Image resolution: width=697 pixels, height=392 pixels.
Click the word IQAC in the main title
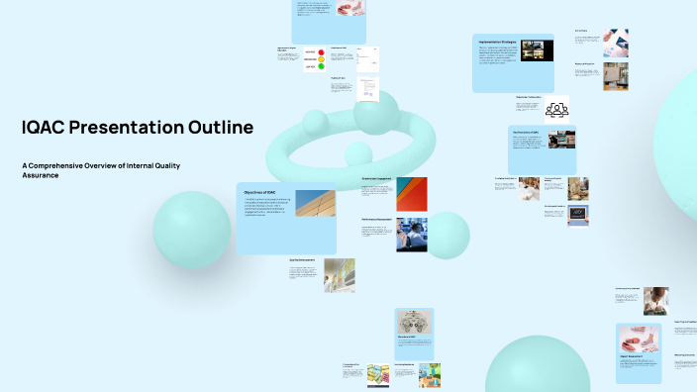coord(50,128)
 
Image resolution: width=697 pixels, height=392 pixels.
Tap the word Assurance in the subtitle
coord(40,175)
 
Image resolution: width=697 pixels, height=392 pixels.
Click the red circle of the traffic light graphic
coord(321,51)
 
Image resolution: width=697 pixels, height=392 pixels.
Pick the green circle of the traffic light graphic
coord(321,67)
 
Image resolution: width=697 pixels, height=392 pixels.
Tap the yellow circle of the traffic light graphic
coord(321,59)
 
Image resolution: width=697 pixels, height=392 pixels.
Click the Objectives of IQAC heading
coord(259,191)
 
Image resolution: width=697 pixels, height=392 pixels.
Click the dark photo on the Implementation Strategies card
coord(538,50)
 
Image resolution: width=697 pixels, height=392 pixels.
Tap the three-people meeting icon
coord(557,109)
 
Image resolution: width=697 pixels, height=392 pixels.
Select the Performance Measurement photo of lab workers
coord(412,234)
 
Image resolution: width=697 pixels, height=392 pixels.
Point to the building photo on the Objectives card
coord(315,203)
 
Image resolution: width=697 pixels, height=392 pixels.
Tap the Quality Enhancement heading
coord(301,260)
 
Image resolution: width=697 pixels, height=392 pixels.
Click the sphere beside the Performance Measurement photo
coord(447,235)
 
